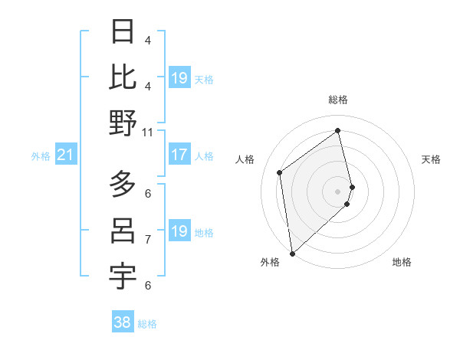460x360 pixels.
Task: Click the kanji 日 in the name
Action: coord(123,31)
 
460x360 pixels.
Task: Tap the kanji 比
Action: coord(123,77)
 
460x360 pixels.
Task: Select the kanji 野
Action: coord(123,123)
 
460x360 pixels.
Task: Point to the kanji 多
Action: coord(123,185)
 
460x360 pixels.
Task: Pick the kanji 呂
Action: coord(123,231)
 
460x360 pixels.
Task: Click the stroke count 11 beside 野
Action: coord(148,132)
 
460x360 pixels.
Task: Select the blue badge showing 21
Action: coord(65,156)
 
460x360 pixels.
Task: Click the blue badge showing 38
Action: coord(122,323)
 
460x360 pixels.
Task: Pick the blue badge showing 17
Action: coord(179,155)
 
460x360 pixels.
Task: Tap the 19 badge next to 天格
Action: coord(179,78)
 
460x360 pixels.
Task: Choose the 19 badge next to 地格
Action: coord(179,232)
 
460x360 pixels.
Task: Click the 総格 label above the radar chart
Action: coord(338,100)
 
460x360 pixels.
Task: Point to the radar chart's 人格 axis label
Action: coord(245,159)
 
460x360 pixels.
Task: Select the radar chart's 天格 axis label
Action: coord(432,159)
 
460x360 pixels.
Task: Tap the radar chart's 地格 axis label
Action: coord(402,263)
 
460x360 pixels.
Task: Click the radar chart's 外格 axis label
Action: coord(270,263)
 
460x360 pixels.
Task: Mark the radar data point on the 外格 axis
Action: coord(292,253)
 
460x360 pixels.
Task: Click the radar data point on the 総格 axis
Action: coord(338,131)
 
